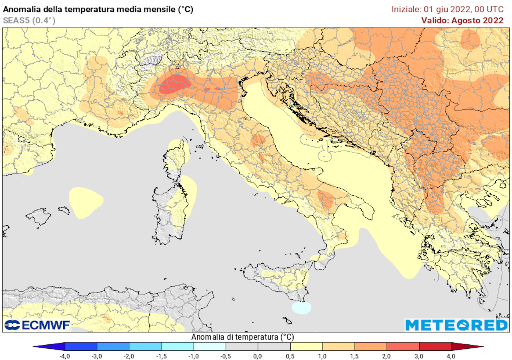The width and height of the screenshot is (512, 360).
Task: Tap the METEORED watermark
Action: tap(456, 325)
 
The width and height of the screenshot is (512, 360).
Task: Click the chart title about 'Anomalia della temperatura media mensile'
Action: tap(98, 10)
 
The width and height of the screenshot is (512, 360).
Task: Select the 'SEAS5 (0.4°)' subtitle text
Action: tap(29, 20)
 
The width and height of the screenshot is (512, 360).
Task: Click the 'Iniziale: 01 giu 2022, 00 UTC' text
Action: tap(447, 9)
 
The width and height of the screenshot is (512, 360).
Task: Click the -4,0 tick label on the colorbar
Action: tap(65, 356)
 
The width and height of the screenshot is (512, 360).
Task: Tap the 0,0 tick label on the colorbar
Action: tap(258, 356)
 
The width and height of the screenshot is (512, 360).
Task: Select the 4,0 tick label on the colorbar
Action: tap(451, 356)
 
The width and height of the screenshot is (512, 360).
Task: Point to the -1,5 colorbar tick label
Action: tap(162, 356)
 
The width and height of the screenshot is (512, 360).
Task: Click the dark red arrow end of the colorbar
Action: tap(466, 346)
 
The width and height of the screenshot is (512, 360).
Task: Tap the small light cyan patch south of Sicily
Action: tap(301, 308)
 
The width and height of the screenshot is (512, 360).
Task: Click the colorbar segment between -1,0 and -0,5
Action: tap(210, 346)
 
